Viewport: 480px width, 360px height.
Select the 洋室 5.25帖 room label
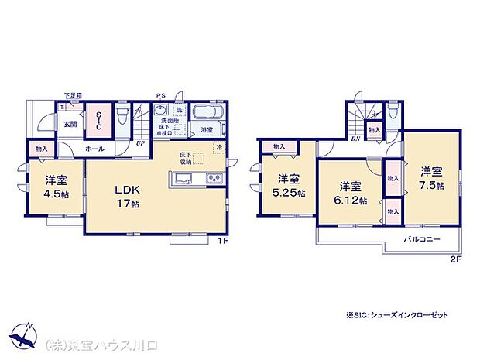coord(288,186)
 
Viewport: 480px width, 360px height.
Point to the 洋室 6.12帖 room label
coord(351,193)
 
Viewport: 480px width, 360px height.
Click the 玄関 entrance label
coord(70,124)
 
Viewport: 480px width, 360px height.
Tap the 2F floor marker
coord(456,259)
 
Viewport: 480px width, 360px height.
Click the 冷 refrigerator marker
coord(218,147)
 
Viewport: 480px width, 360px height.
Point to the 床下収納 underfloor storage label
coord(185,159)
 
